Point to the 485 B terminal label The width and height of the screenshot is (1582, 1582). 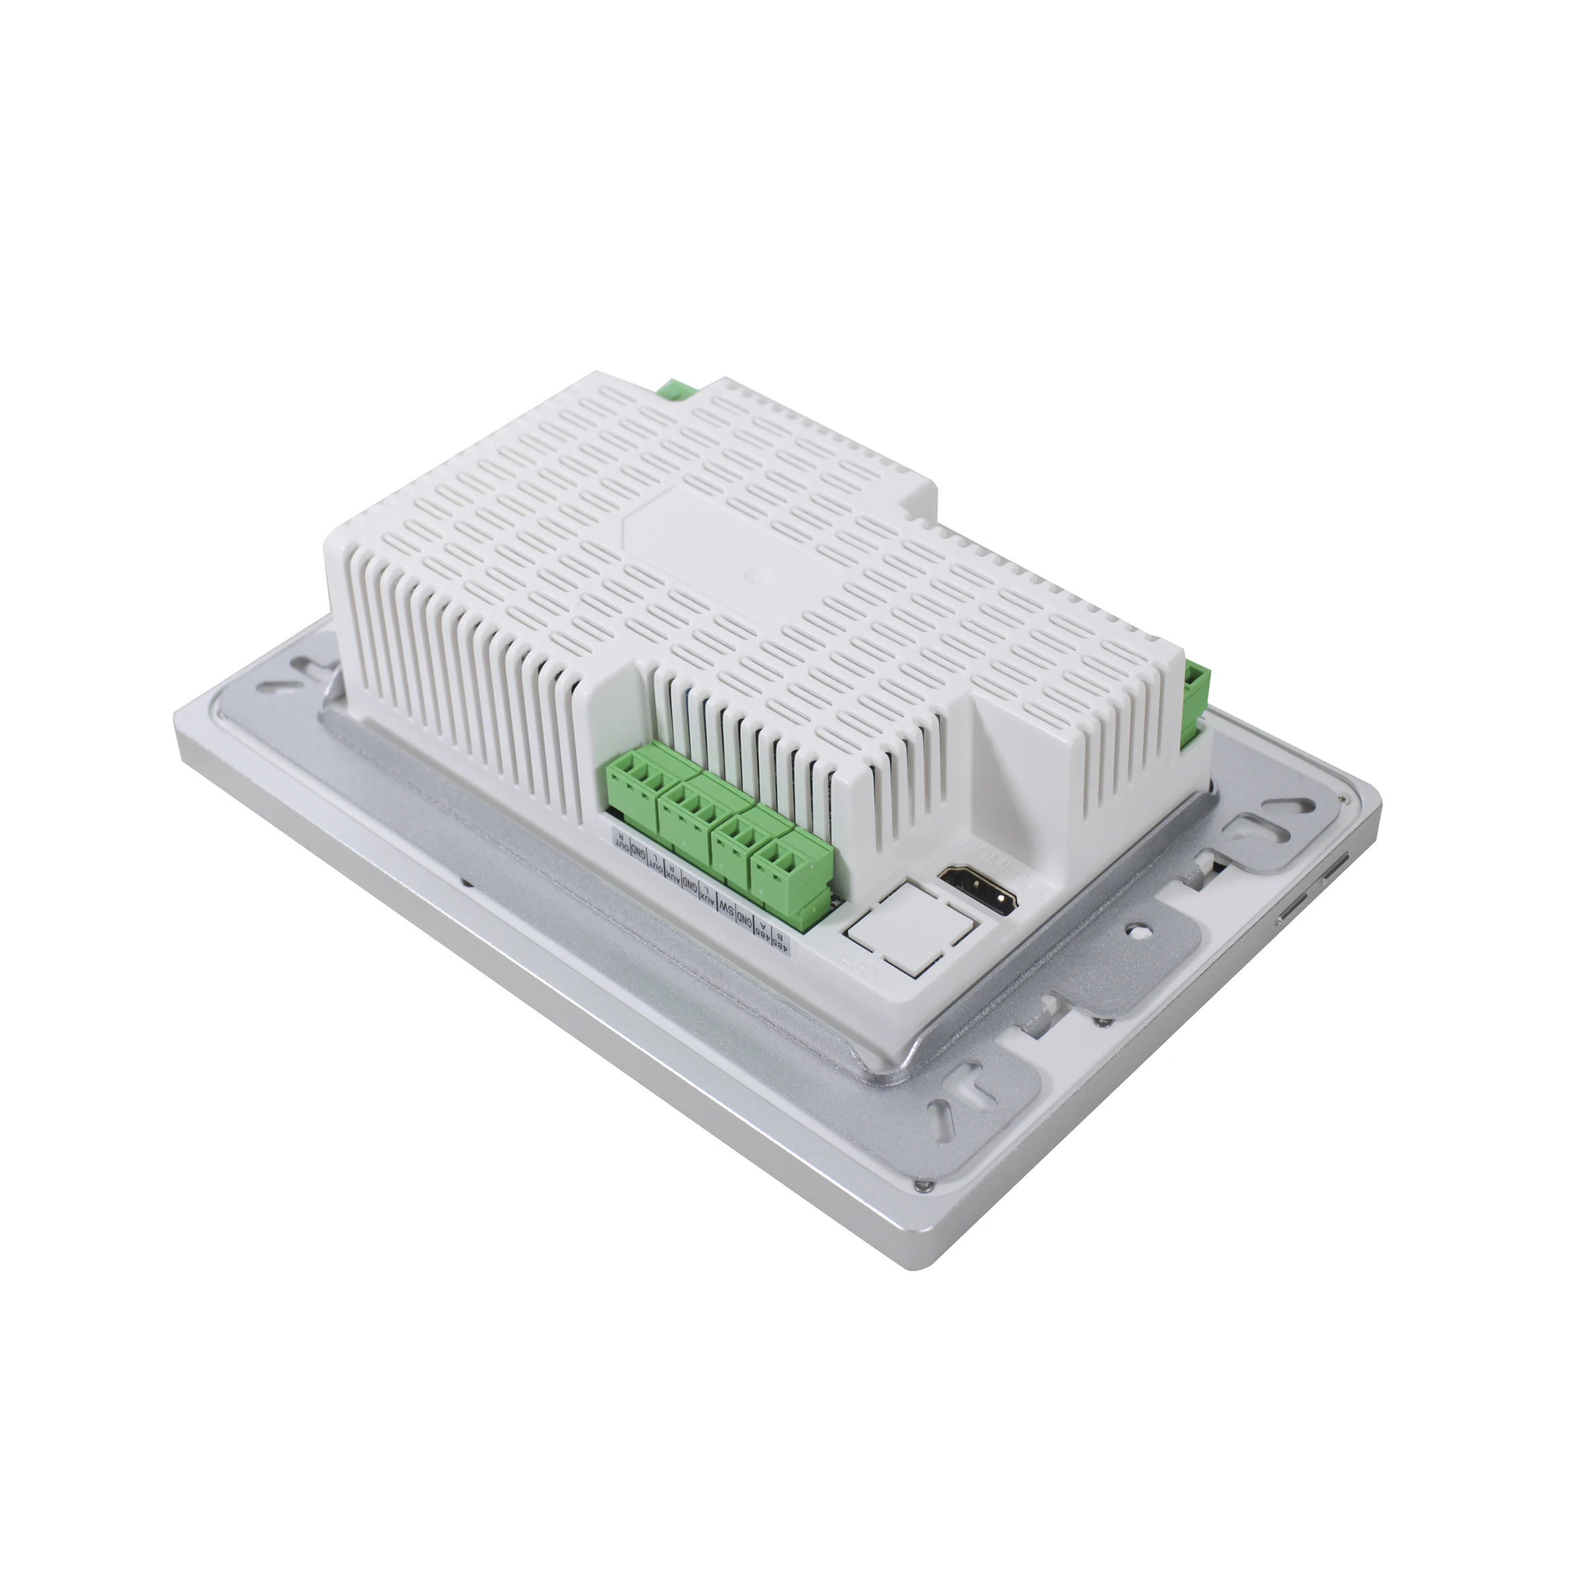tap(784, 942)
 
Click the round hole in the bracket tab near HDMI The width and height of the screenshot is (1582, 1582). tap(1136, 931)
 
